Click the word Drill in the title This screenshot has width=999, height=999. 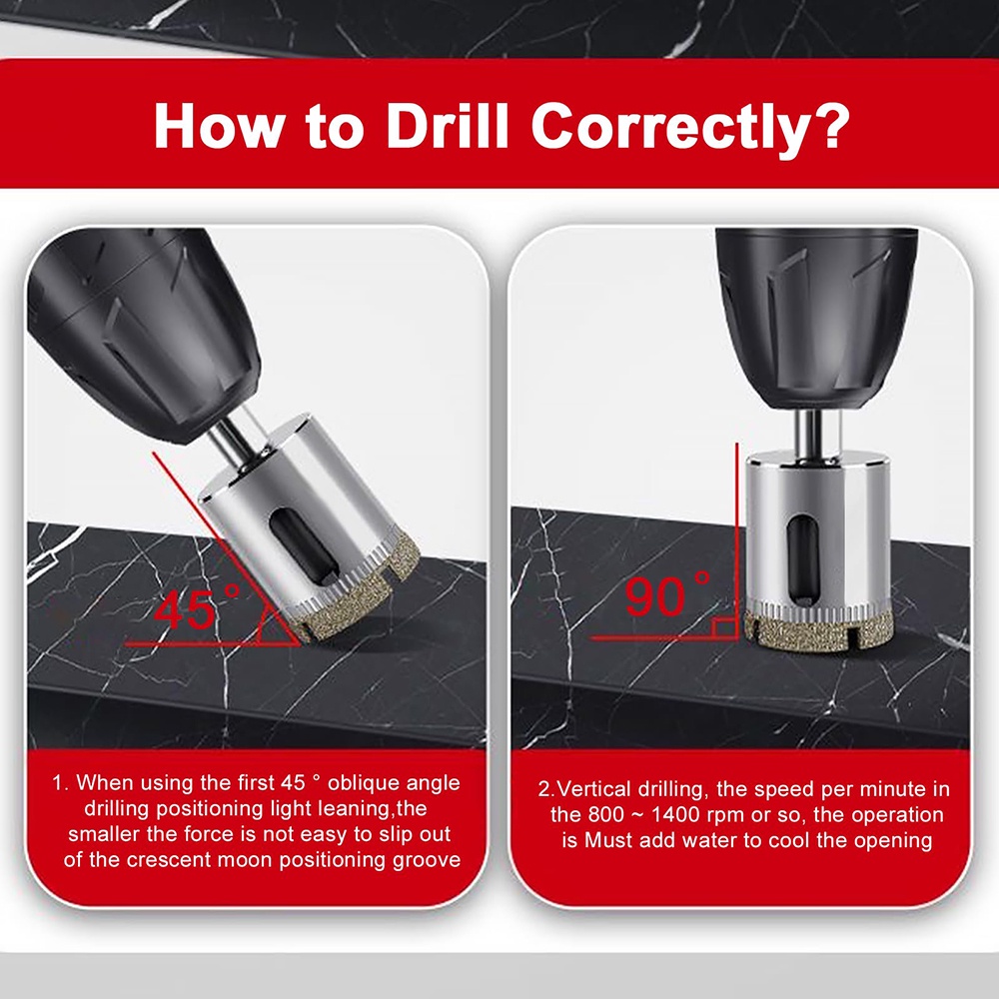[448, 125]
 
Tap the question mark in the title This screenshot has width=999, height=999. [829, 124]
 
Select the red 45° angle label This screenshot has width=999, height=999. [197, 606]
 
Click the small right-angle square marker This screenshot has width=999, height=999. [724, 627]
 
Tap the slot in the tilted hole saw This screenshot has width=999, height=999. [305, 546]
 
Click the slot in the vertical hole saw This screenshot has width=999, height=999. [803, 559]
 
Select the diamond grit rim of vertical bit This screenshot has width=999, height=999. [819, 629]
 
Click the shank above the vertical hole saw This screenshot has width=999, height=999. [807, 433]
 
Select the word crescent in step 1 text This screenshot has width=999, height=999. [169, 860]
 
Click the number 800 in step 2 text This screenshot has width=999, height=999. [606, 815]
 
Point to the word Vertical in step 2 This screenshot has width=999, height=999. [594, 789]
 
